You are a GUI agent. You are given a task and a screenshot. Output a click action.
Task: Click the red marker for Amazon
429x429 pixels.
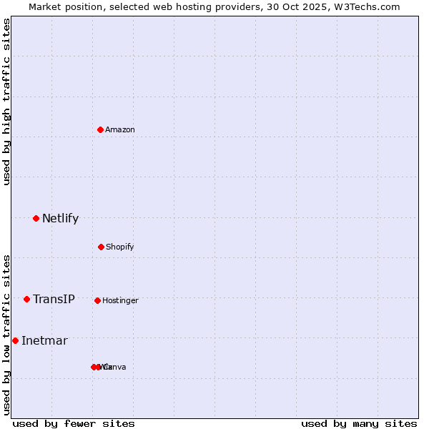click(x=101, y=129)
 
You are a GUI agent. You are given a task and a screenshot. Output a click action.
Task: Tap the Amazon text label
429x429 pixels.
click(x=120, y=130)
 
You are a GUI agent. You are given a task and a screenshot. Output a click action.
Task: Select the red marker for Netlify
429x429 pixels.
click(x=36, y=218)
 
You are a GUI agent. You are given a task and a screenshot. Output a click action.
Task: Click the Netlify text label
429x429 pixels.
click(x=60, y=219)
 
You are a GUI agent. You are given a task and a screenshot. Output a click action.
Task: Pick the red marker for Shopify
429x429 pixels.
click(x=101, y=247)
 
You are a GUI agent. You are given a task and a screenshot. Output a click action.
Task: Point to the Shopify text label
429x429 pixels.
click(x=120, y=247)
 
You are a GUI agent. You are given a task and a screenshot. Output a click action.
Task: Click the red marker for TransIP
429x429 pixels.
click(x=26, y=299)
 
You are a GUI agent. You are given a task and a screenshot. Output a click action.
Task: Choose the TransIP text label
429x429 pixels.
click(x=54, y=300)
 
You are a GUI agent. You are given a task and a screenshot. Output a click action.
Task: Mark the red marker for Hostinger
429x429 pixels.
click(x=97, y=300)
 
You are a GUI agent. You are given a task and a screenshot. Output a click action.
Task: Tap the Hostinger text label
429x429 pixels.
click(x=120, y=301)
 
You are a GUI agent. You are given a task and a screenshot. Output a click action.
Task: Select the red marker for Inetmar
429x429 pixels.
click(x=15, y=340)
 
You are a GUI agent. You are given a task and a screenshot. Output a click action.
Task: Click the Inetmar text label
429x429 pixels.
click(x=44, y=341)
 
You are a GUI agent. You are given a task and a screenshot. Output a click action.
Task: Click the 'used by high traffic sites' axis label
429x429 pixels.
click(x=7, y=102)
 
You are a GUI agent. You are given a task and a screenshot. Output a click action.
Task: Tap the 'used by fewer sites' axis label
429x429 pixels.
click(x=74, y=424)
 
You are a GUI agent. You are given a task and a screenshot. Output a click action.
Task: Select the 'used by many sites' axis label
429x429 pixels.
click(x=359, y=424)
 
